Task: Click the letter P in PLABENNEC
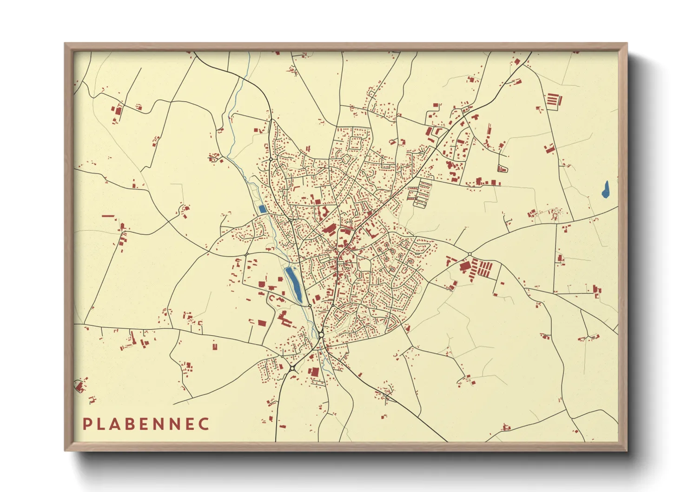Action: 86,424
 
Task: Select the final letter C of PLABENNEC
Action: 204,424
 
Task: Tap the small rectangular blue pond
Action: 262,209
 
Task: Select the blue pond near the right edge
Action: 605,190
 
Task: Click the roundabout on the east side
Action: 470,254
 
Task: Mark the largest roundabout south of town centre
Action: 321,334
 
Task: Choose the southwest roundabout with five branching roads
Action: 292,368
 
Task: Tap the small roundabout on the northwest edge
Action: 271,160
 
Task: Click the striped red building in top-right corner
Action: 553,100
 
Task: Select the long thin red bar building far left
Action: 108,216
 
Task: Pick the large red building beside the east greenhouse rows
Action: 465,267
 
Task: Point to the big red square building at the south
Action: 314,372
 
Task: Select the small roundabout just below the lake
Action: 310,306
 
